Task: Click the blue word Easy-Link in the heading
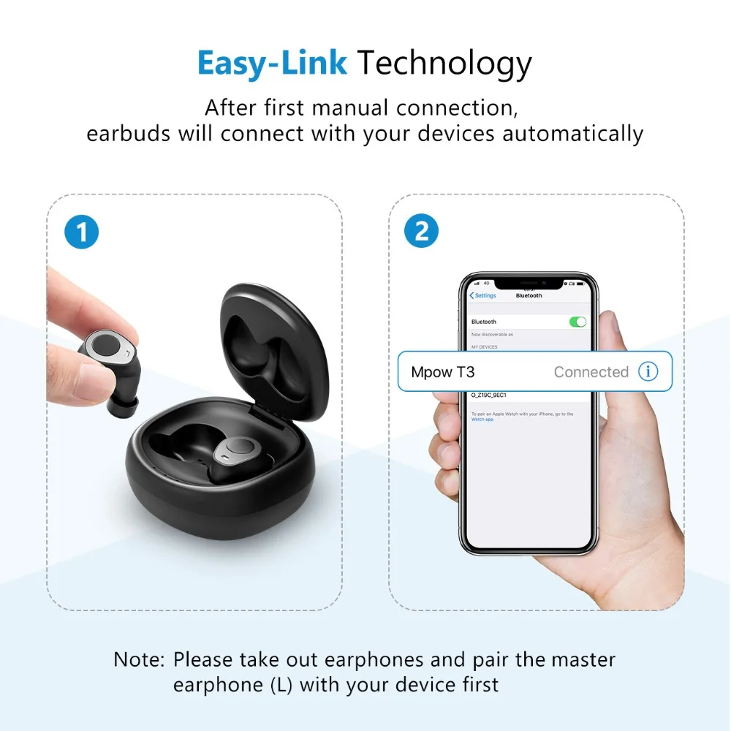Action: (272, 64)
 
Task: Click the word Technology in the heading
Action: (444, 64)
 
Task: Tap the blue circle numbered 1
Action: (81, 232)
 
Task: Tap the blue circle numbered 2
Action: (422, 232)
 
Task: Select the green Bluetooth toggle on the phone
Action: (577, 322)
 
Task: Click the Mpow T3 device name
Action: (442, 372)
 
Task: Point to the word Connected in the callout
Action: (591, 372)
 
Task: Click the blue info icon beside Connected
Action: (648, 371)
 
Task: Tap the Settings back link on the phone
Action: (483, 295)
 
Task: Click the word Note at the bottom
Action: (137, 659)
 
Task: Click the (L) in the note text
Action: (280, 685)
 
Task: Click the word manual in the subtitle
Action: (351, 107)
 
